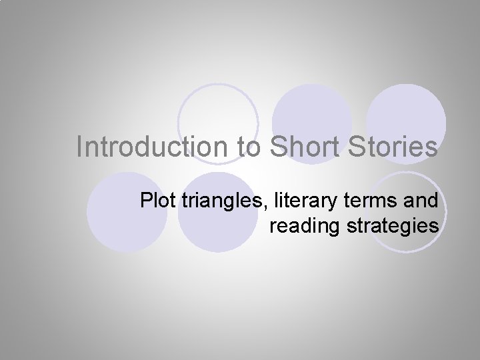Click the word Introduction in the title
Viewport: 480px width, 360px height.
point(153,147)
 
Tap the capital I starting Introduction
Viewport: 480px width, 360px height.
point(79,147)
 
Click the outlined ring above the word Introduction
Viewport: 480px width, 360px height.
point(218,113)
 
